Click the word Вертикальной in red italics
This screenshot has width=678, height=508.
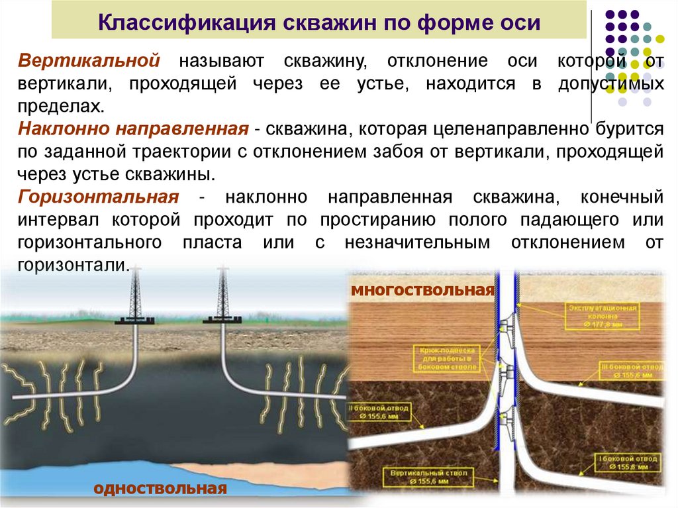pyautogui.click(x=89, y=61)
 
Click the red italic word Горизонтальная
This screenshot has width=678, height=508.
pyautogui.click(x=99, y=197)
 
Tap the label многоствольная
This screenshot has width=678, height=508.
pyautogui.click(x=422, y=290)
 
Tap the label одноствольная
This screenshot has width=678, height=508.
pyautogui.click(x=160, y=488)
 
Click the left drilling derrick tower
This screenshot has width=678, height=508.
pyautogui.click(x=136, y=295)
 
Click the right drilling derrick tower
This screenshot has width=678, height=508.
pyautogui.click(x=222, y=295)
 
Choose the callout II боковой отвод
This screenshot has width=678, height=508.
pyautogui.click(x=380, y=413)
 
